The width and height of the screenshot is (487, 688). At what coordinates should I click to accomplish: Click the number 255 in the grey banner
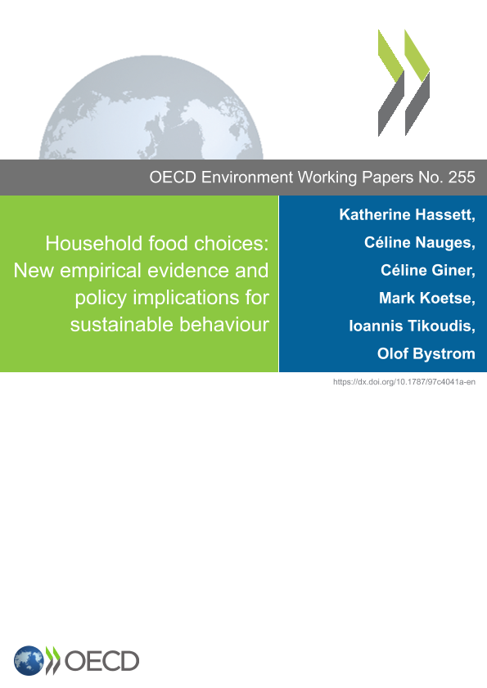tap(462, 178)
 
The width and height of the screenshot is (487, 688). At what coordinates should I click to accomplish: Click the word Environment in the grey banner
tap(247, 178)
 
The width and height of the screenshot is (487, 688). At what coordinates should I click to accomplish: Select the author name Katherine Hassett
tap(407, 214)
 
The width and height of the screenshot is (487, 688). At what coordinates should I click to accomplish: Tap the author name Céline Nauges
tap(419, 243)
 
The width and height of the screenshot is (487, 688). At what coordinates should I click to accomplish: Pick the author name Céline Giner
tap(428, 270)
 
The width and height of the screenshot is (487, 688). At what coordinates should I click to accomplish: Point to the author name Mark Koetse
tap(426, 299)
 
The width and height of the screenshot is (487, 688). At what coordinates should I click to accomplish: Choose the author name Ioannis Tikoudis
tap(412, 326)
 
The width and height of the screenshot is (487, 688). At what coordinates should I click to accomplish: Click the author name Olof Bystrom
tap(426, 353)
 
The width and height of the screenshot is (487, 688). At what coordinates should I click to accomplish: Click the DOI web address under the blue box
tap(404, 382)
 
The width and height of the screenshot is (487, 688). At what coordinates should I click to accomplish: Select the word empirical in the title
tap(101, 271)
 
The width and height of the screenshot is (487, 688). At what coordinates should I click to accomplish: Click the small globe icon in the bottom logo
tap(29, 660)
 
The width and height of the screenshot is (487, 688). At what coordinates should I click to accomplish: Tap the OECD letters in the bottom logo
tap(101, 661)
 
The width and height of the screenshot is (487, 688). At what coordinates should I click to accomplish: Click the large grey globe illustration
tap(151, 107)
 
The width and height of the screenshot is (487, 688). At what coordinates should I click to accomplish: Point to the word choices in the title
tap(231, 244)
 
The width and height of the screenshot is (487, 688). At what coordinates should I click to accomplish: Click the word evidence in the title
tap(188, 271)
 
